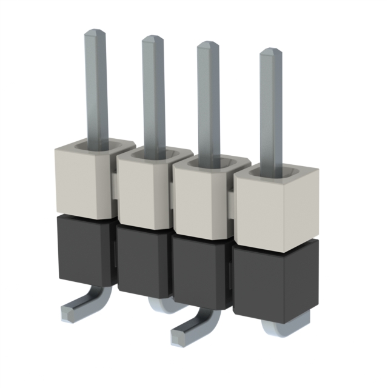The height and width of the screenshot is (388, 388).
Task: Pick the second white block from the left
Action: click(144, 191)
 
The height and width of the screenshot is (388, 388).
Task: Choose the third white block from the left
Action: click(201, 200)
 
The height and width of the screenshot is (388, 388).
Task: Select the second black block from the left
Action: click(142, 261)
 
